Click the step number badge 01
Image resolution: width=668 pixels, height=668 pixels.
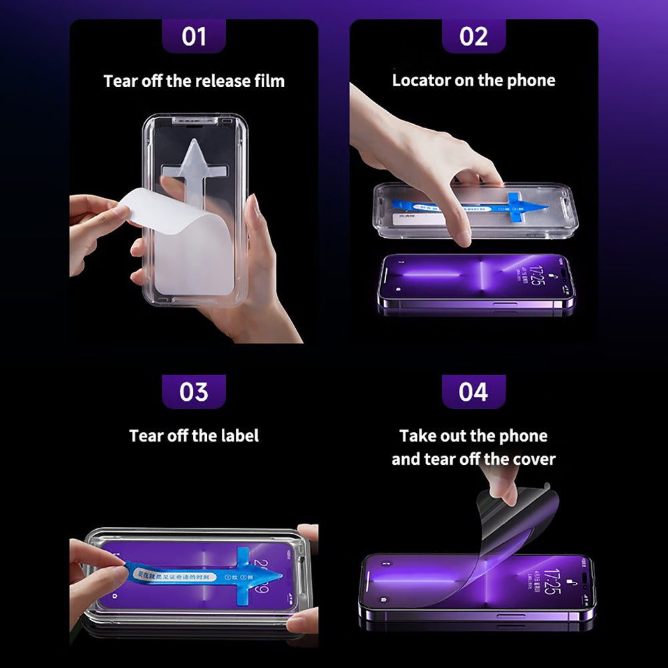(194, 36)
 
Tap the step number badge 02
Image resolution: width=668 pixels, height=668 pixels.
(474, 36)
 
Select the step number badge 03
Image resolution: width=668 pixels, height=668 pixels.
(194, 391)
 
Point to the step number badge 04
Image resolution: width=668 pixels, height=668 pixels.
(474, 391)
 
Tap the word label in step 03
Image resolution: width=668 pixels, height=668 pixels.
(239, 436)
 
